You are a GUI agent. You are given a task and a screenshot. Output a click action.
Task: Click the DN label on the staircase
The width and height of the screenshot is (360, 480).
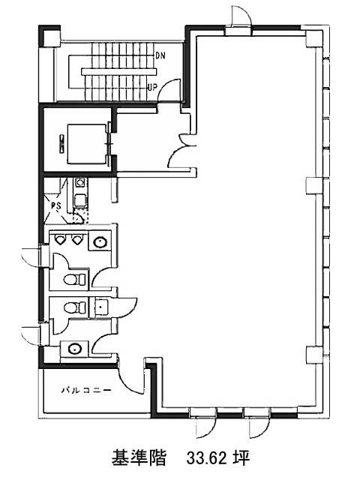click(160, 55)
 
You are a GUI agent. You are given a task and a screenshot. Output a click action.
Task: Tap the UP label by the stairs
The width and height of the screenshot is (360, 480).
click(152, 87)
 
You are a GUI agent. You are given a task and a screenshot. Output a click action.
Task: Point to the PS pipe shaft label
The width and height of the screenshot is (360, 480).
click(56, 206)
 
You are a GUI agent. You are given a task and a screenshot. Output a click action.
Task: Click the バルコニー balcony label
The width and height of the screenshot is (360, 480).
click(86, 390)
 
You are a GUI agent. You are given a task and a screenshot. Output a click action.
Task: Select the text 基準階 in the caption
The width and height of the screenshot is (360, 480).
click(139, 457)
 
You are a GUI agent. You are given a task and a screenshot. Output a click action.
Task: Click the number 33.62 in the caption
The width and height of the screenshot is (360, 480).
click(207, 458)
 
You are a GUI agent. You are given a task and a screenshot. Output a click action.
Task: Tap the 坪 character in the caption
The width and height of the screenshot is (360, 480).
click(242, 458)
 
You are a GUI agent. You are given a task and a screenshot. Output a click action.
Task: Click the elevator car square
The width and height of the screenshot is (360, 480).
click(87, 144)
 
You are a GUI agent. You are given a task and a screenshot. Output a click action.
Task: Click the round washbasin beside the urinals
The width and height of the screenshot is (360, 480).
click(100, 242)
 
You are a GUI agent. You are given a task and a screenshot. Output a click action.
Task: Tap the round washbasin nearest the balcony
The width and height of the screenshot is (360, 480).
click(75, 348)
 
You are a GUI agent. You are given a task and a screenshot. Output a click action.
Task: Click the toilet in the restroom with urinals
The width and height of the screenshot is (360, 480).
click(75, 279)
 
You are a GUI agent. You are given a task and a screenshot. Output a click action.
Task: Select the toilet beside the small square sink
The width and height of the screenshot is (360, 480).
click(75, 307)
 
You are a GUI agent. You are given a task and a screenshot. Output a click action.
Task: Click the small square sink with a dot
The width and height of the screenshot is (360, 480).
click(100, 306)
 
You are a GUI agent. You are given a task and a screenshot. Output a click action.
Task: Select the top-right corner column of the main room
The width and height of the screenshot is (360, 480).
click(313, 38)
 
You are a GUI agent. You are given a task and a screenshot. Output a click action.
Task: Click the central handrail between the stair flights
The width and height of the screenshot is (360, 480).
click(119, 72)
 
